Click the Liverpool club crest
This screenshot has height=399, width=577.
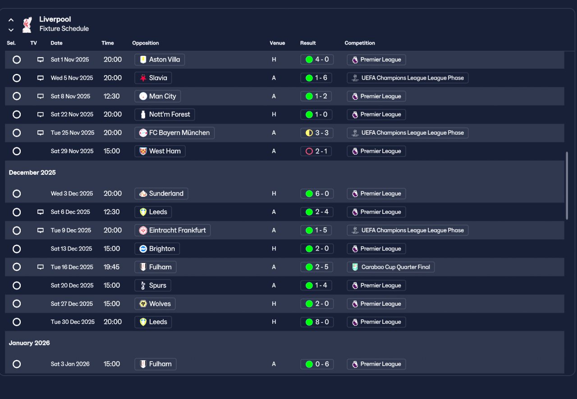pos(27,25)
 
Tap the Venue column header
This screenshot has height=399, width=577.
pos(277,43)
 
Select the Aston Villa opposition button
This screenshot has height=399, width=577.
pos(160,59)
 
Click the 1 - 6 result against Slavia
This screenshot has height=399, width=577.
pos(316,78)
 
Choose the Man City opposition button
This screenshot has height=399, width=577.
pos(157,96)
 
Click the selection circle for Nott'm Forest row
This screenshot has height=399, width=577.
pos(17,114)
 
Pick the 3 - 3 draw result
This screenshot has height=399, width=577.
pos(317,133)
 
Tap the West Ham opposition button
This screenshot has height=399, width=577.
pos(160,151)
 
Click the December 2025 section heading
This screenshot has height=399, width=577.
pos(32,172)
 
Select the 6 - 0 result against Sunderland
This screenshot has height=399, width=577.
pos(317,194)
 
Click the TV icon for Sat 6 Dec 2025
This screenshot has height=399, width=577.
pos(41,212)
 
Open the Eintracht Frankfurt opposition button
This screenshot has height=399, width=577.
pos(172,230)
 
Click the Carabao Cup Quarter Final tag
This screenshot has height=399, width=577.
pos(390,267)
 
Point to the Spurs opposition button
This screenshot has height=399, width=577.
pos(153,285)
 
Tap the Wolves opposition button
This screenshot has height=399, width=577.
pos(155,304)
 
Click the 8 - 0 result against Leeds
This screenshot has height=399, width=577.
pos(317,322)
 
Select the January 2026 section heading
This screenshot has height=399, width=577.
pos(29,343)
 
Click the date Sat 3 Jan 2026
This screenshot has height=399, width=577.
pos(70,364)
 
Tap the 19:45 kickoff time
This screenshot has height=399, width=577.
pos(111,267)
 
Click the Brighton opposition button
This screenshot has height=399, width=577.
pos(157,249)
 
